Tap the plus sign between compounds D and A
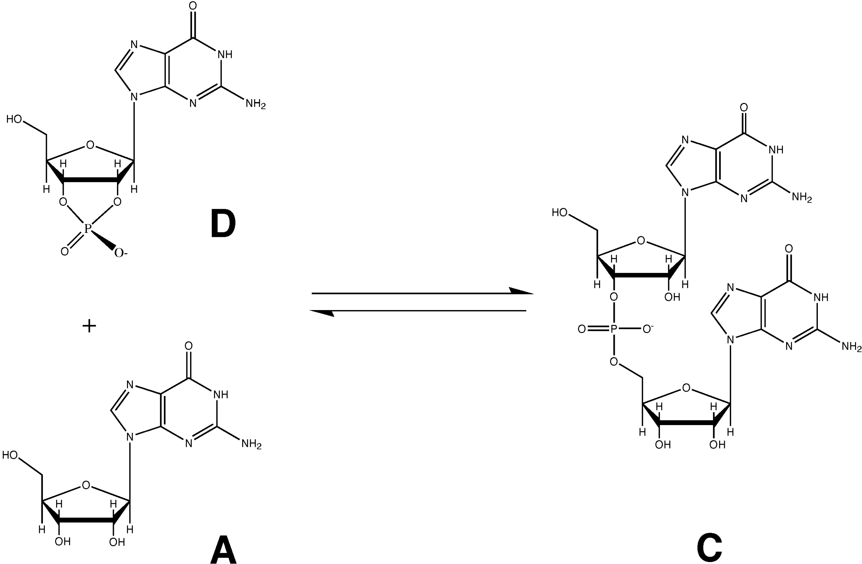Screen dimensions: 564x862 pyautogui.click(x=89, y=326)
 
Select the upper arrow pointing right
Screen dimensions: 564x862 pyautogui.click(x=422, y=292)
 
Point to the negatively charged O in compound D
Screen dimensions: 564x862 pyautogui.click(x=119, y=252)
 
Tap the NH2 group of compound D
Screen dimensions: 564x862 pyautogui.click(x=256, y=104)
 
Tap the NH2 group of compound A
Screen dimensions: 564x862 pyautogui.click(x=251, y=444)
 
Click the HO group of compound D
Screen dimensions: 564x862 pyautogui.click(x=15, y=119)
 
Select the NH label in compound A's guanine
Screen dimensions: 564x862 pyautogui.click(x=221, y=394)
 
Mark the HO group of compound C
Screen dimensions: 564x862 pyautogui.click(x=560, y=212)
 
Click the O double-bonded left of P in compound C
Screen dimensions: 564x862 pyautogui.click(x=582, y=329)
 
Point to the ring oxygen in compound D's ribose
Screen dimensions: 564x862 pyautogui.click(x=90, y=146)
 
